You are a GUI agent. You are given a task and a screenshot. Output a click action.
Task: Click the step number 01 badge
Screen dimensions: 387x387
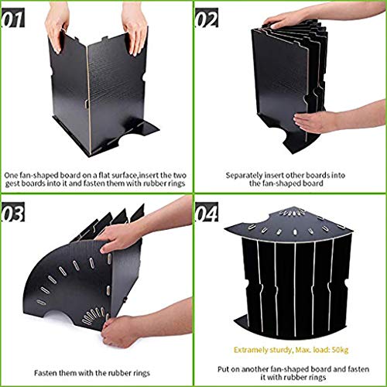pyautogui.click(x=13, y=18)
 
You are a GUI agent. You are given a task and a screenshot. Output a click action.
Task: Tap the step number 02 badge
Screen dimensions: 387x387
pyautogui.click(x=207, y=18)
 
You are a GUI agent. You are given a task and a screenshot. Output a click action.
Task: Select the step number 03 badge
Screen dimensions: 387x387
pyautogui.click(x=13, y=212)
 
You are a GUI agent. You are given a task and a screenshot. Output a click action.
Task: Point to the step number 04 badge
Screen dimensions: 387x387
pyautogui.click(x=207, y=212)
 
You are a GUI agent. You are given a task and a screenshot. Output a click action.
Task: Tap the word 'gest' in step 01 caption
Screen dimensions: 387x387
pyautogui.click(x=13, y=184)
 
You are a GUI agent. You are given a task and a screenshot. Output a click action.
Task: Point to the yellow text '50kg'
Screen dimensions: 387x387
pyautogui.click(x=340, y=350)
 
